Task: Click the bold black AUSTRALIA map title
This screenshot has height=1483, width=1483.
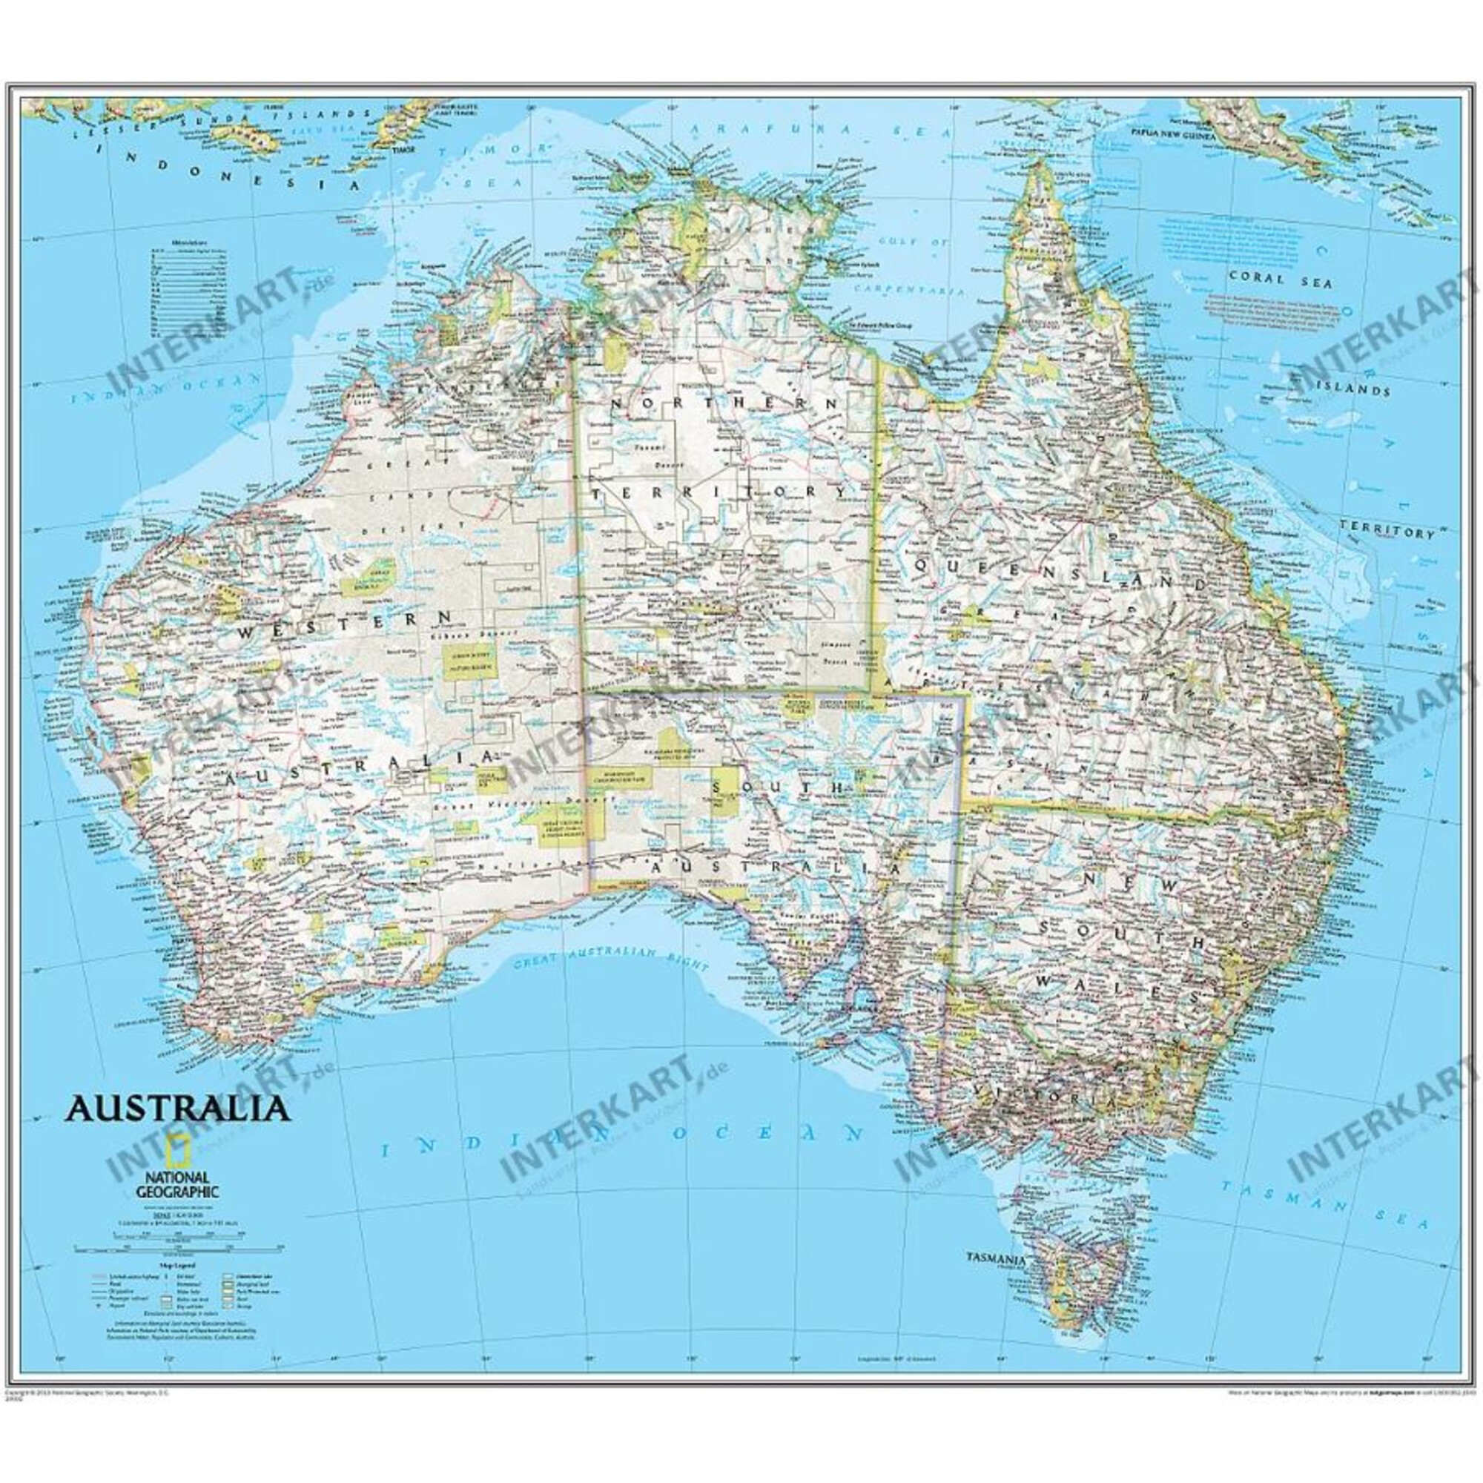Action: coord(178,1108)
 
